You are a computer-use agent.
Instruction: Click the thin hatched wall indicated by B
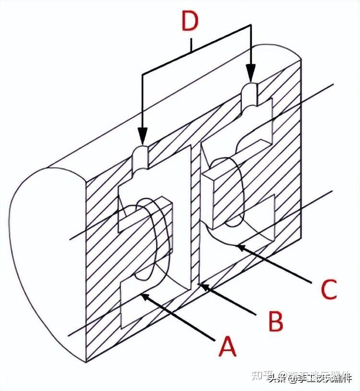pyautogui.click(x=195, y=216)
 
